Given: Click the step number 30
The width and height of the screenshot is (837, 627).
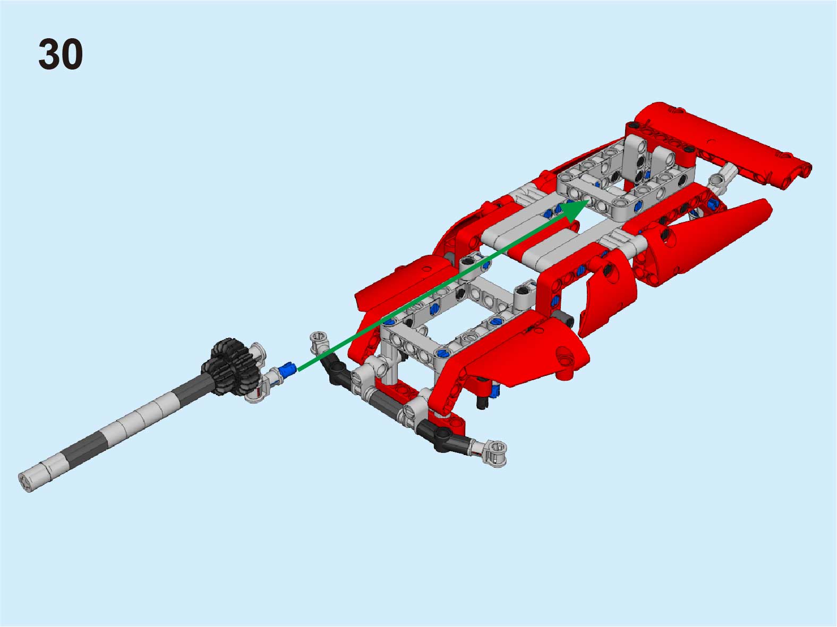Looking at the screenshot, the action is [60, 54].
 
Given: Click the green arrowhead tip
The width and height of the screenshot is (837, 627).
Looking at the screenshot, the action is [590, 201].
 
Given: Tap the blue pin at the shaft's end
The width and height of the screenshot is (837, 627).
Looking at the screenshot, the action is [287, 370].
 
